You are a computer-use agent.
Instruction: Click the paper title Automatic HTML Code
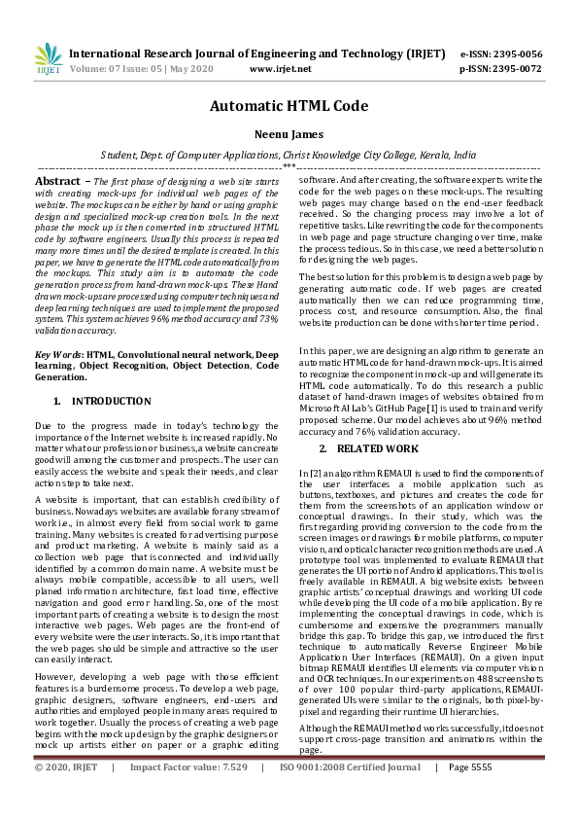[x=289, y=109]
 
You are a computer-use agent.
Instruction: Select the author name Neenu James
[x=289, y=137]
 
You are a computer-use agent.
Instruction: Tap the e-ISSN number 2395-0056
[x=514, y=54]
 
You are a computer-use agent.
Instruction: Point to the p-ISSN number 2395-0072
[x=514, y=69]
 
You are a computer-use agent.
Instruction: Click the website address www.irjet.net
[x=280, y=69]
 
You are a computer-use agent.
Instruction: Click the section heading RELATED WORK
[x=376, y=448]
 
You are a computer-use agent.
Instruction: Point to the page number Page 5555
[x=476, y=794]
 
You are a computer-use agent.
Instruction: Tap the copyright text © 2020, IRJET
[x=66, y=794]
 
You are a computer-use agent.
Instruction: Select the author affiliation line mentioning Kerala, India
[x=289, y=155]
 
